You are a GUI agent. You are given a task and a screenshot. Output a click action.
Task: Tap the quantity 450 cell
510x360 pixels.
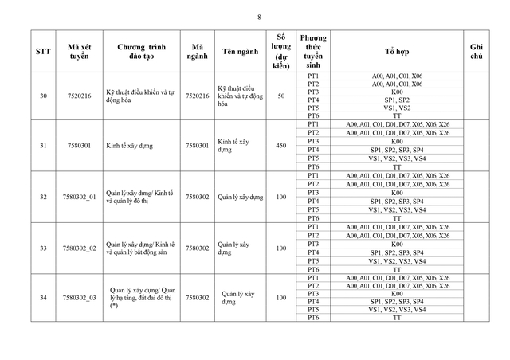click(281, 146)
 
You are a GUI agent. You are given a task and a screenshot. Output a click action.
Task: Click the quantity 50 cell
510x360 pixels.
click(281, 96)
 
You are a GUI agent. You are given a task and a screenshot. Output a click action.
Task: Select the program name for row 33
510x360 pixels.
click(140, 248)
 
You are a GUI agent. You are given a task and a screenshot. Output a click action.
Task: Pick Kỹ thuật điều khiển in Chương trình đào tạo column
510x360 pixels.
click(140, 96)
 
